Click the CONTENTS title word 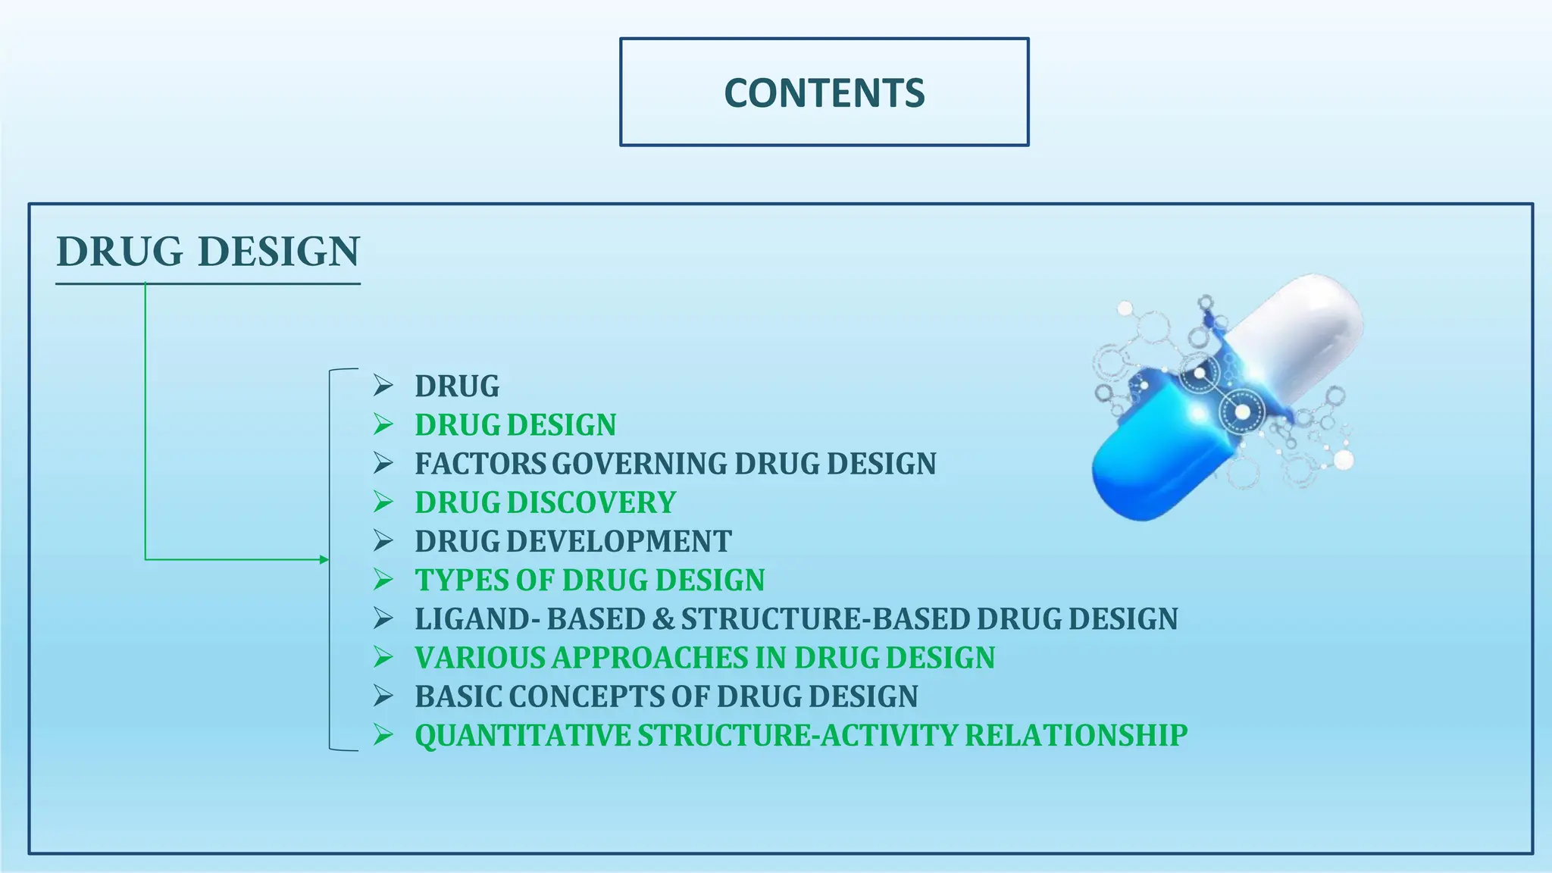(x=824, y=93)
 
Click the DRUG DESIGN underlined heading (x=208, y=252)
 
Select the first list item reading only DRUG (x=457, y=386)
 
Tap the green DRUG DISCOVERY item (x=545, y=502)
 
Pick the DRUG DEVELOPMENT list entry (x=573, y=541)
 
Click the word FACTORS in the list (x=480, y=464)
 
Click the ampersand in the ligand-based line (x=662, y=619)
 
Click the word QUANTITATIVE (x=522, y=735)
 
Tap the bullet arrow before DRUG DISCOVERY (x=383, y=502)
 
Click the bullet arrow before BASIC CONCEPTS (x=383, y=696)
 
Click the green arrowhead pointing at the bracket (x=324, y=560)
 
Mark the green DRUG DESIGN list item (x=515, y=425)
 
